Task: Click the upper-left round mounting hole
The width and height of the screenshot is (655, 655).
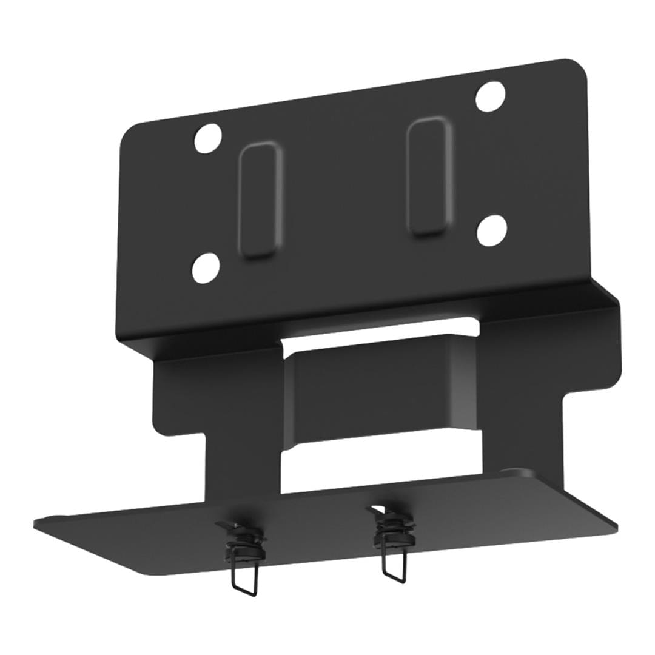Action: coord(207,138)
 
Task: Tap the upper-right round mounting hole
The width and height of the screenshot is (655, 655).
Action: coord(490,96)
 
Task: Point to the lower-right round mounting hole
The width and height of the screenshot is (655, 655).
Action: coord(491,230)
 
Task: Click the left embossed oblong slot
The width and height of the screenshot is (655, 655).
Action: coord(261,201)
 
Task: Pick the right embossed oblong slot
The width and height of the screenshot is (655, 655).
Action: coord(429,176)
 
